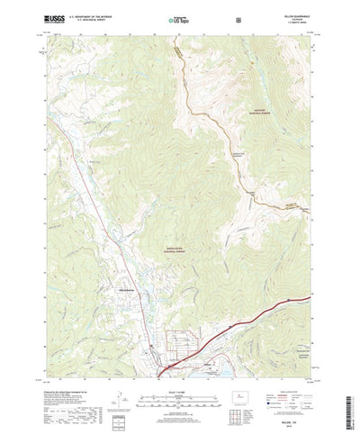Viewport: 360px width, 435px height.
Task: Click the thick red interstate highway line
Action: click(x=270, y=315)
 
